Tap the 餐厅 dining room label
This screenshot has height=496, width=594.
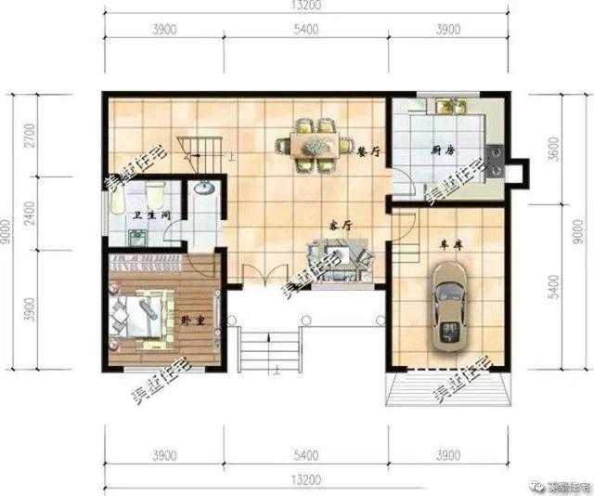(x=369, y=150)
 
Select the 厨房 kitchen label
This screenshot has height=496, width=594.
(x=442, y=150)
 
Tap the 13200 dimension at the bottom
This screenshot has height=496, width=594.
(x=306, y=479)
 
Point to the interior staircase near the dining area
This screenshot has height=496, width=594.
(x=204, y=150)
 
